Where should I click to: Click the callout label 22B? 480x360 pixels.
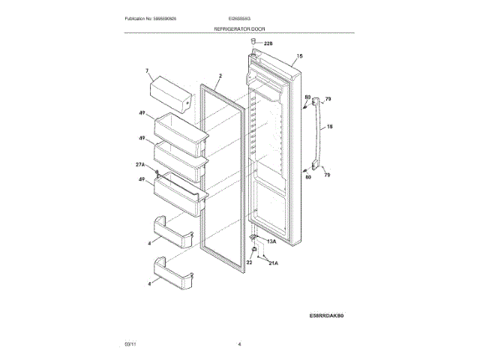tap(268, 44)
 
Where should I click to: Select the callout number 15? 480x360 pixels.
tap(299, 56)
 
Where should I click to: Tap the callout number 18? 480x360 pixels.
tap(329, 127)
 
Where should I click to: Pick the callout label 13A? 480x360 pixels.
tap(271, 242)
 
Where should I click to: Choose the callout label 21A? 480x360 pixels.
tap(273, 263)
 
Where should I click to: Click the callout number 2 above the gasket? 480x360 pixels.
tap(220, 76)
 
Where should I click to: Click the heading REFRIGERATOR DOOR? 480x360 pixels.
tap(239, 28)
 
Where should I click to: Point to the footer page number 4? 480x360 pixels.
tap(239, 343)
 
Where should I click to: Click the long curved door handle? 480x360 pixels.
tap(318, 135)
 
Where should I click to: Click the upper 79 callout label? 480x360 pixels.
tap(328, 99)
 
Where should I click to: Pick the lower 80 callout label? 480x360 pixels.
tap(307, 177)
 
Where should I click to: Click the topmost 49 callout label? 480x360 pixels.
tap(141, 112)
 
